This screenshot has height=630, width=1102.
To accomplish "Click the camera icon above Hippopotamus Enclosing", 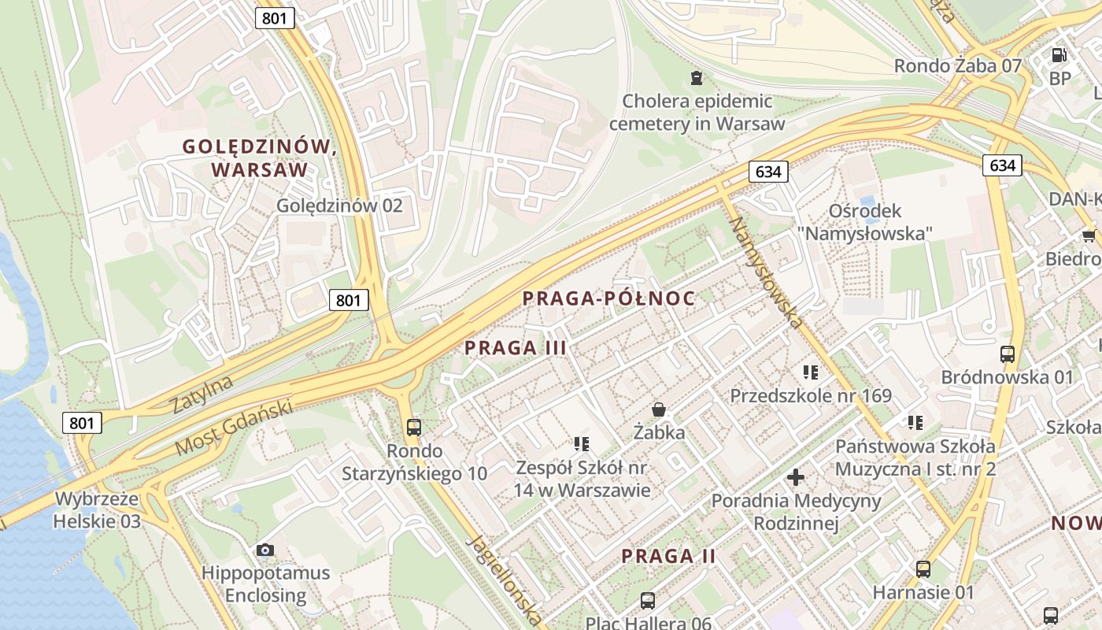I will (x=265, y=550).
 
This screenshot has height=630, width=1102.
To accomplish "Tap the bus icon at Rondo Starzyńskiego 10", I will (x=414, y=428).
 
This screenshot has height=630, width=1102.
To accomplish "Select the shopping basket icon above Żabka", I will (x=659, y=409).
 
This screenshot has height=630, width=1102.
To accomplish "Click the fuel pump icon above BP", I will (x=1059, y=55).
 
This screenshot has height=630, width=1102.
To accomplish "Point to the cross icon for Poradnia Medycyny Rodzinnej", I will (x=796, y=476).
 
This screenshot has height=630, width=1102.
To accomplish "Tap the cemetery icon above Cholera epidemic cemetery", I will (x=696, y=77).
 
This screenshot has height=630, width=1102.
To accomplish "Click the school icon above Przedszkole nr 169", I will (x=811, y=372).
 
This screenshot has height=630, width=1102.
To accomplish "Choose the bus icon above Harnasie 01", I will (x=923, y=569).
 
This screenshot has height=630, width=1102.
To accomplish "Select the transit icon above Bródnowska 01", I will (x=1008, y=354).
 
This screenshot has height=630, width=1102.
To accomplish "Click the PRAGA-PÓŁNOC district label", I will (x=609, y=298).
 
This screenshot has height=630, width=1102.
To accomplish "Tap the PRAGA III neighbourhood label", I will (x=516, y=347).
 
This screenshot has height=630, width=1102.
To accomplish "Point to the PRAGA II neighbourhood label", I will (x=668, y=556).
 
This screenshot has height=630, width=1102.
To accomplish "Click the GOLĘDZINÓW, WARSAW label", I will (x=259, y=157).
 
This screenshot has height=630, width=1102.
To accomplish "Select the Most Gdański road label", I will (x=234, y=428).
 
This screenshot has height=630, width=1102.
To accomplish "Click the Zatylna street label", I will (x=202, y=395).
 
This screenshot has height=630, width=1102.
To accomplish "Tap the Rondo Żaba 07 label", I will (x=957, y=66).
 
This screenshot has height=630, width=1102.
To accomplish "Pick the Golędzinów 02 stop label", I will (x=339, y=206).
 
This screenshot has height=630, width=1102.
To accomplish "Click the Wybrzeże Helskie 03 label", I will (x=98, y=510).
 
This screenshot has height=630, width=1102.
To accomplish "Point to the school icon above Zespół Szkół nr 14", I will (x=582, y=444).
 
